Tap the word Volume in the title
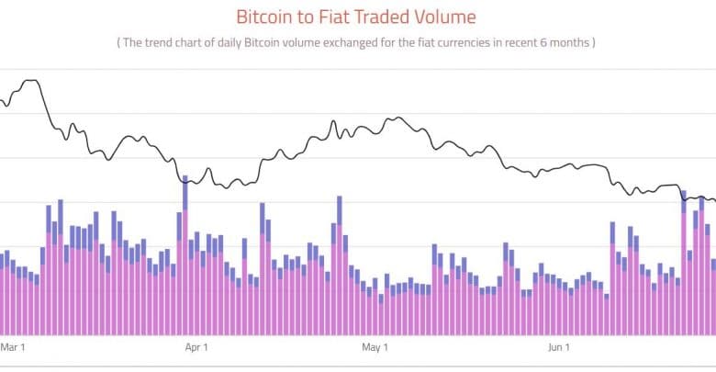coord(446,17)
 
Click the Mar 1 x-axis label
coord(13,347)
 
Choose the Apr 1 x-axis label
coord(196,347)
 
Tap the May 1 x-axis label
coord(375,347)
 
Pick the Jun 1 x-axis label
coord(559,347)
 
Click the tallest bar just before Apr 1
coord(185,257)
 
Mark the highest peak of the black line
coord(32,81)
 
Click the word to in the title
coord(306,17)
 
